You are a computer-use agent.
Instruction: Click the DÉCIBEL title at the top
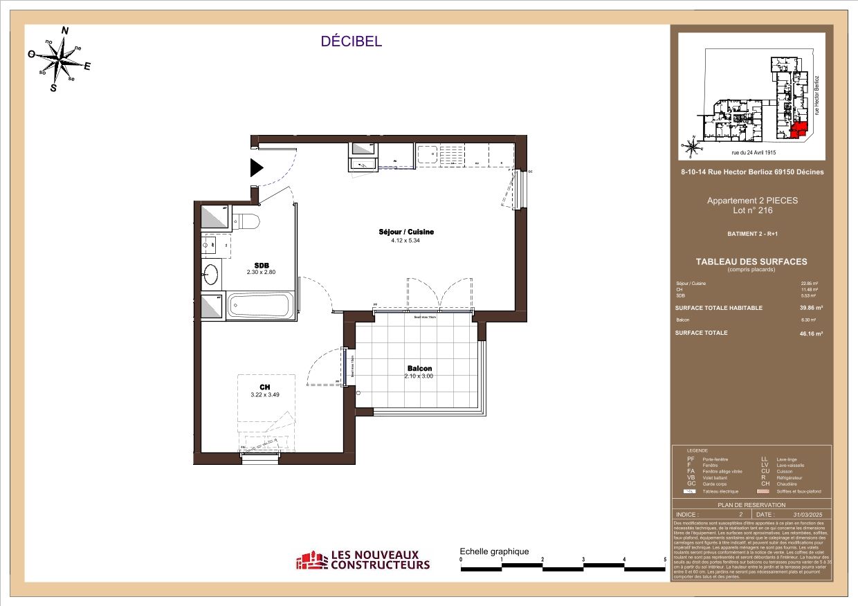[351, 42]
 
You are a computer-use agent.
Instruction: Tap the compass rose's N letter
[65, 30]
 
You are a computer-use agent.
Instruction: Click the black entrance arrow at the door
[257, 167]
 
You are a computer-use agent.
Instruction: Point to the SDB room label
[262, 265]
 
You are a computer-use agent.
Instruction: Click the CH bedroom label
[264, 387]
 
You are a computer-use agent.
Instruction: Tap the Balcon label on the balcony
[419, 369]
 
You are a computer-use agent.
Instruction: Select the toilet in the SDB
[246, 222]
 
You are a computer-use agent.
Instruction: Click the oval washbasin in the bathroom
[210, 275]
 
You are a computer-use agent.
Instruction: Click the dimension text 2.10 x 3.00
[419, 377]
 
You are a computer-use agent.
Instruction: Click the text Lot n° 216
[751, 210]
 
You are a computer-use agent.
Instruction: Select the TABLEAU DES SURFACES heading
[751, 261]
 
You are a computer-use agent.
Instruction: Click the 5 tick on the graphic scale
[665, 560]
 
